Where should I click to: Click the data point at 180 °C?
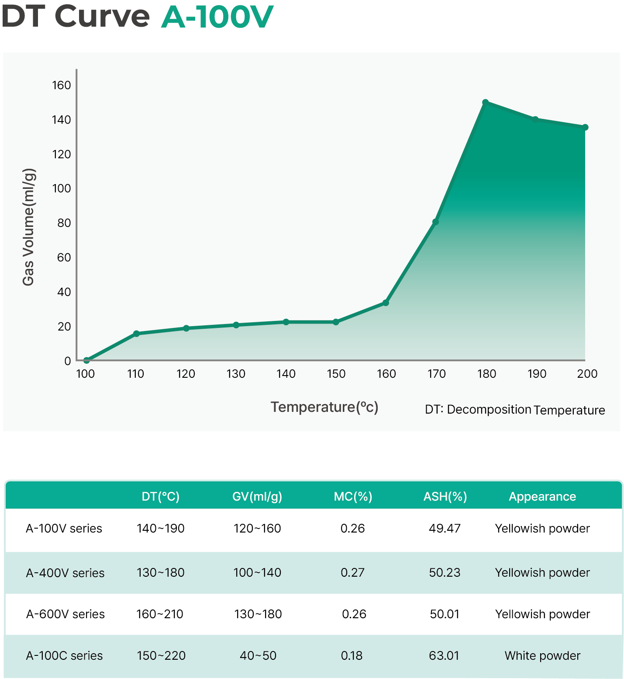click(x=485, y=102)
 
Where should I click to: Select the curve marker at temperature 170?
click(x=435, y=222)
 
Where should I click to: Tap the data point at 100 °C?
click(x=86, y=360)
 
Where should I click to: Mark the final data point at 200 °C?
click(x=585, y=127)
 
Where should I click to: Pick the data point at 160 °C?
click(x=386, y=303)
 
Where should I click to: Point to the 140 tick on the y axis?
click(x=61, y=120)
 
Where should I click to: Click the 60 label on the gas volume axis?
click(x=64, y=258)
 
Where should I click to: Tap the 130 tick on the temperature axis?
click(x=236, y=374)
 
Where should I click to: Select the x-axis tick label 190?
click(x=537, y=374)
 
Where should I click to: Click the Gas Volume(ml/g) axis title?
click(x=28, y=227)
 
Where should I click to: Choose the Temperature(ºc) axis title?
click(x=324, y=407)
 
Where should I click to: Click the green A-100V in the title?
click(x=217, y=17)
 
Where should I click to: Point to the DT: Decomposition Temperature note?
click(x=515, y=410)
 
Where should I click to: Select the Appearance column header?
click(x=542, y=497)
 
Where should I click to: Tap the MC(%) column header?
click(x=353, y=497)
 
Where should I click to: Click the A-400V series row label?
click(x=65, y=573)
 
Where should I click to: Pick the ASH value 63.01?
click(x=444, y=655)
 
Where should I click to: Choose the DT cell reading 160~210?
click(x=160, y=614)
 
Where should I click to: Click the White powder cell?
click(x=542, y=655)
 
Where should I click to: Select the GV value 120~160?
click(x=257, y=529)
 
